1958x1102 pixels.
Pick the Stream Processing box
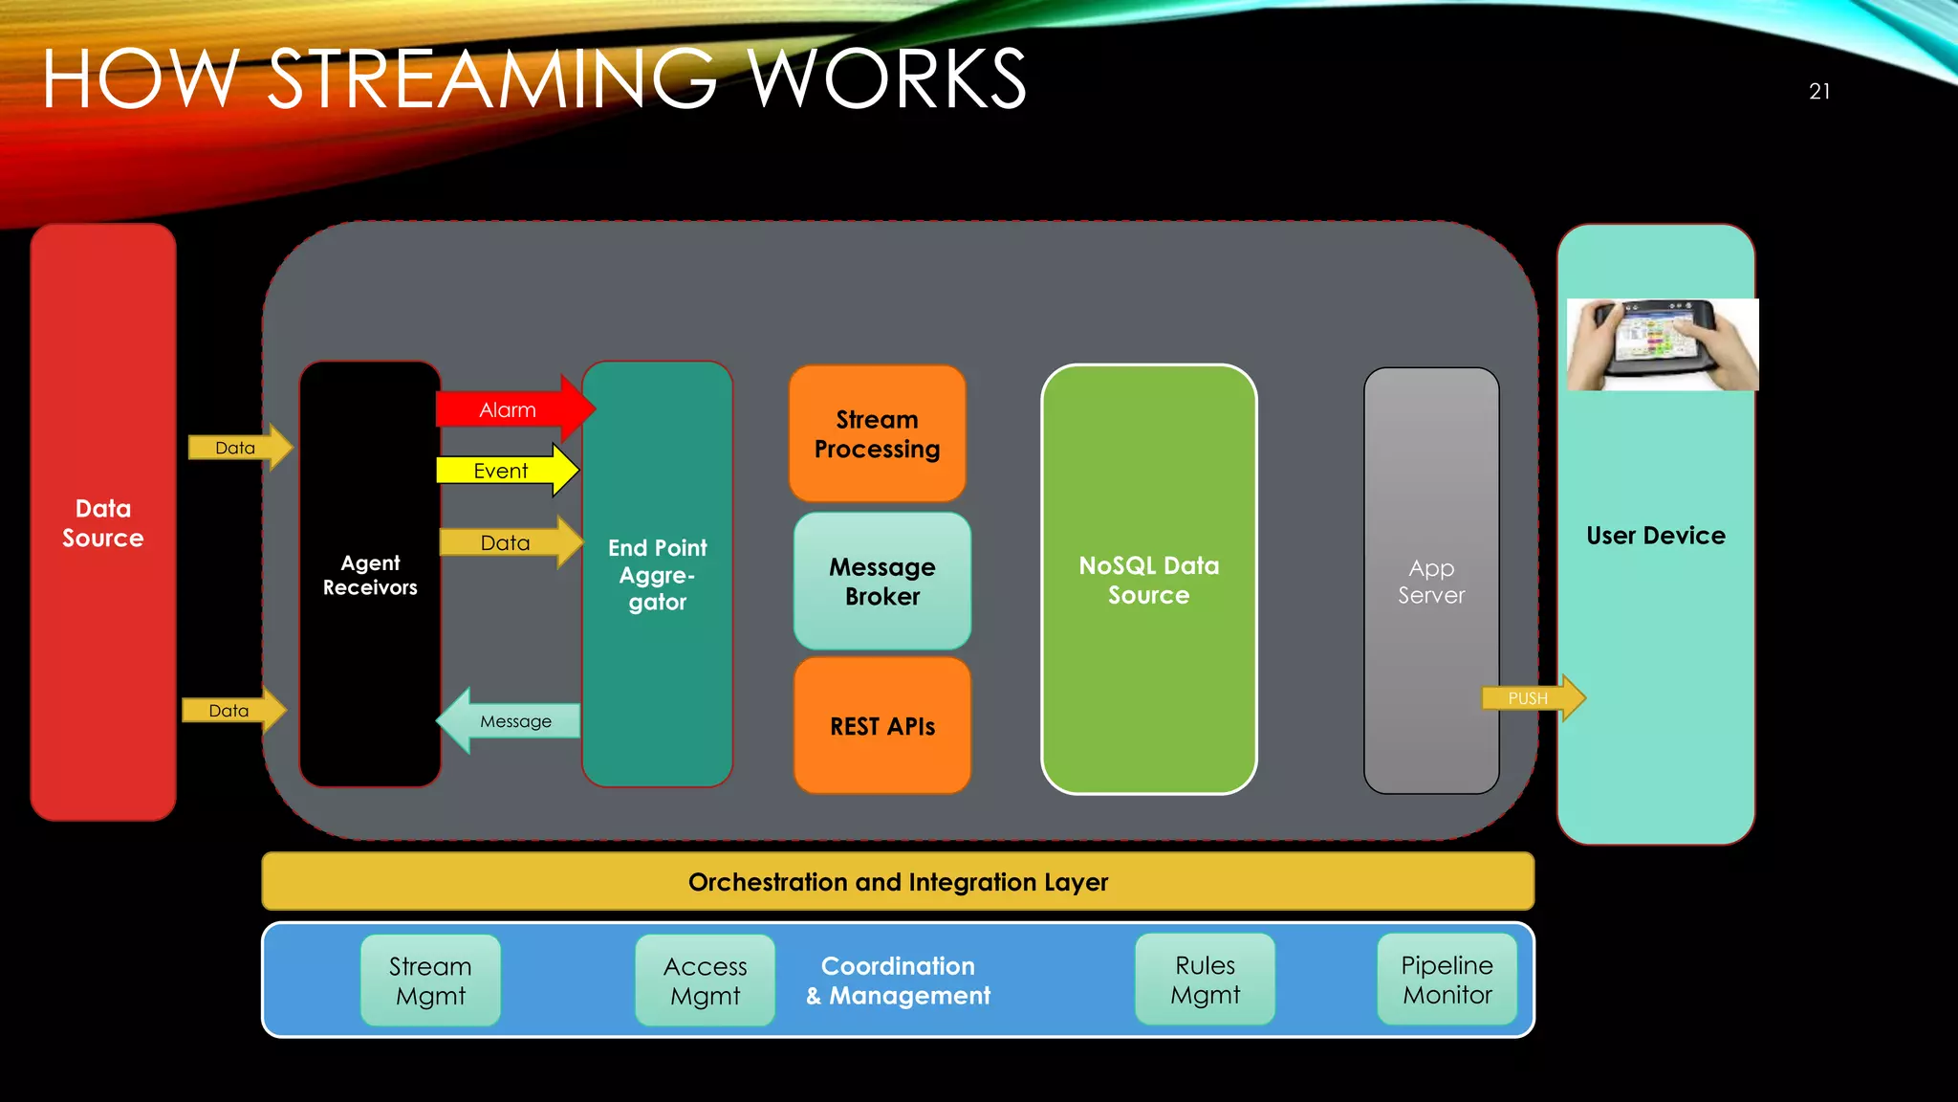tap(877, 434)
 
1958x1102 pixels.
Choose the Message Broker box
tap(881, 582)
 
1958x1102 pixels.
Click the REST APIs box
tap(881, 726)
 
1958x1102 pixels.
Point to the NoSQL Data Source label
tap(1148, 581)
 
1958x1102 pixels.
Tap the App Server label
tap(1430, 582)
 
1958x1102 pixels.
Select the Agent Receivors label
tap(370, 575)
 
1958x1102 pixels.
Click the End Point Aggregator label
tap(658, 575)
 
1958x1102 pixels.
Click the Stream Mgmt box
tap(430, 981)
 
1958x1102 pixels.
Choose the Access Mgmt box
tap(705, 981)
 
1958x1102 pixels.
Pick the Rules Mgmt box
tap(1205, 980)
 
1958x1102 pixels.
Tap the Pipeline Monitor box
tap(1447, 980)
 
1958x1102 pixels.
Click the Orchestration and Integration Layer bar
tap(898, 882)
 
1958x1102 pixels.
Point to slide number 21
tap(1818, 92)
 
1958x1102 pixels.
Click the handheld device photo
tap(1662, 344)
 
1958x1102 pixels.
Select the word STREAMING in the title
tap(491, 79)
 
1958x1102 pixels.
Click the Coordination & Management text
tap(898, 981)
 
